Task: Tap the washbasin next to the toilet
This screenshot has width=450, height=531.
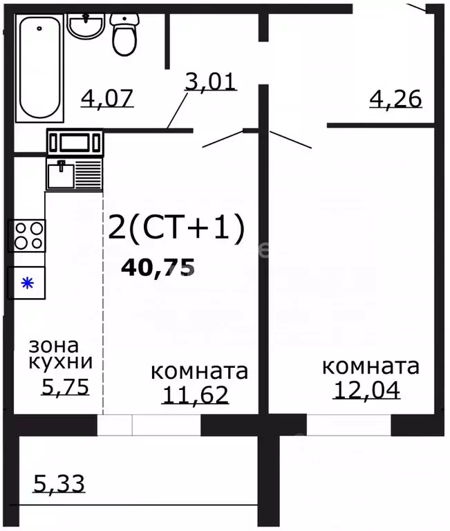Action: (86, 27)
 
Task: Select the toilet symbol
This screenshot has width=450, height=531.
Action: (124, 35)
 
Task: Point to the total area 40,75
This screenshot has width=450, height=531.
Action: (158, 267)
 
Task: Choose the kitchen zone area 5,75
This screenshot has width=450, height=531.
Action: (65, 387)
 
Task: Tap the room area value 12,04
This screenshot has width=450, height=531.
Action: (367, 389)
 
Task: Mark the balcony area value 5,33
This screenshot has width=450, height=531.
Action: (59, 483)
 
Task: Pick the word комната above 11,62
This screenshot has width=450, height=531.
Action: (199, 371)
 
